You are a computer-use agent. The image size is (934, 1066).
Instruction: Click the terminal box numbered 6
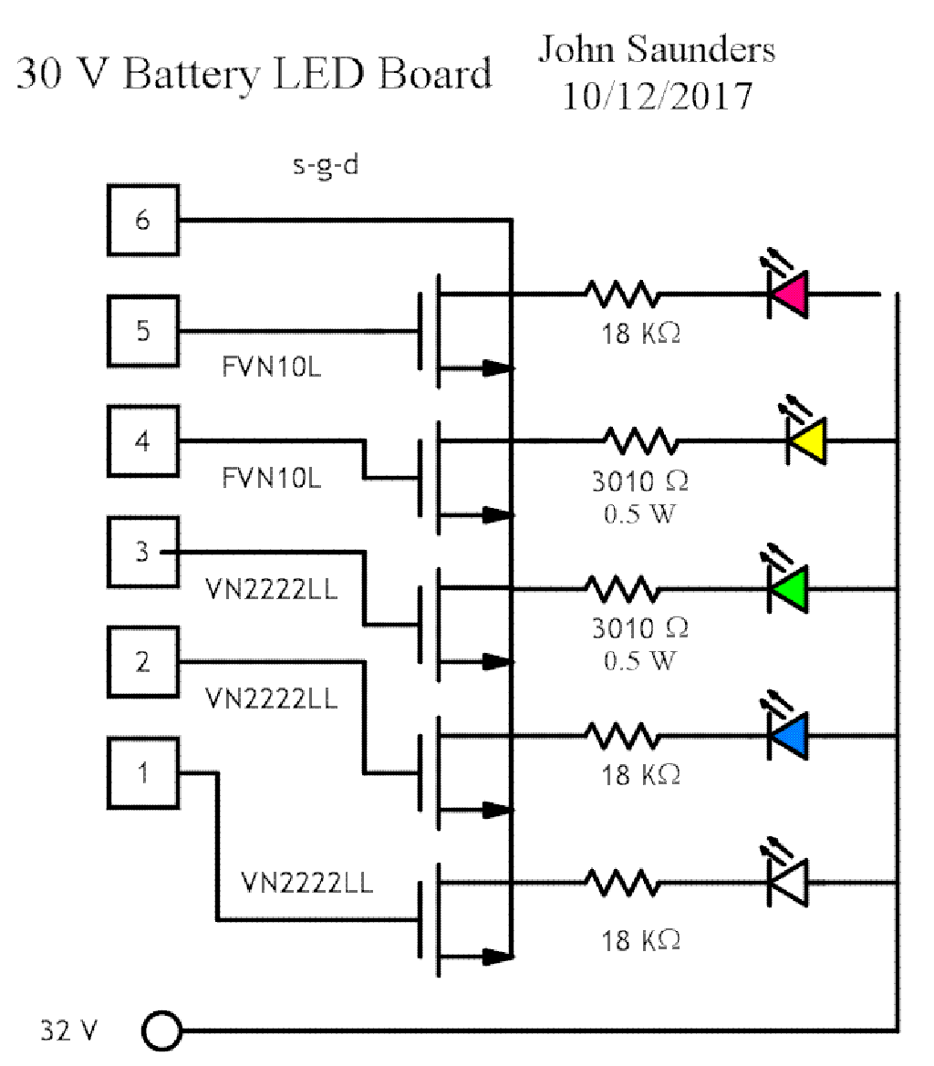click(x=142, y=221)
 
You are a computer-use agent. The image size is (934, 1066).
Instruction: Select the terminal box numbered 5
click(x=142, y=331)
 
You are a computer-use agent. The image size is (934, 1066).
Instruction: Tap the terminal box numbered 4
click(x=142, y=442)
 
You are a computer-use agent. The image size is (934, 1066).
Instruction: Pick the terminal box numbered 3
click(x=142, y=553)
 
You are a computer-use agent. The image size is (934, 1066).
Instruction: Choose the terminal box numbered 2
click(x=142, y=663)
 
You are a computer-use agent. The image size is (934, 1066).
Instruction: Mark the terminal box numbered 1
click(x=142, y=773)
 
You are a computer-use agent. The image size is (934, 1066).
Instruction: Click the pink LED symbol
click(x=788, y=294)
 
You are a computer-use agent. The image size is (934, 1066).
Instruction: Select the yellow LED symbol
click(x=806, y=442)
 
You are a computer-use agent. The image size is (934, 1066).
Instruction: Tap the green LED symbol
click(x=788, y=588)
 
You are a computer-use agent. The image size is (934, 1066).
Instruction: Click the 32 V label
click(x=67, y=1030)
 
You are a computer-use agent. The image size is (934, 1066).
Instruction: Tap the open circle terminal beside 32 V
click(x=162, y=1031)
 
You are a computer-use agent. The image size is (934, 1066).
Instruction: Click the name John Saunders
click(x=656, y=49)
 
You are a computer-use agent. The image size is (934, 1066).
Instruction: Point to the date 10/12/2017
click(x=656, y=95)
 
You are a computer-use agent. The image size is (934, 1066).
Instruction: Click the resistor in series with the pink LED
click(x=621, y=294)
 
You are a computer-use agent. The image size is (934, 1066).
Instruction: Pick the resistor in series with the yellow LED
click(x=643, y=442)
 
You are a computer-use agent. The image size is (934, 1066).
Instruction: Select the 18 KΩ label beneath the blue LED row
click(x=640, y=775)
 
